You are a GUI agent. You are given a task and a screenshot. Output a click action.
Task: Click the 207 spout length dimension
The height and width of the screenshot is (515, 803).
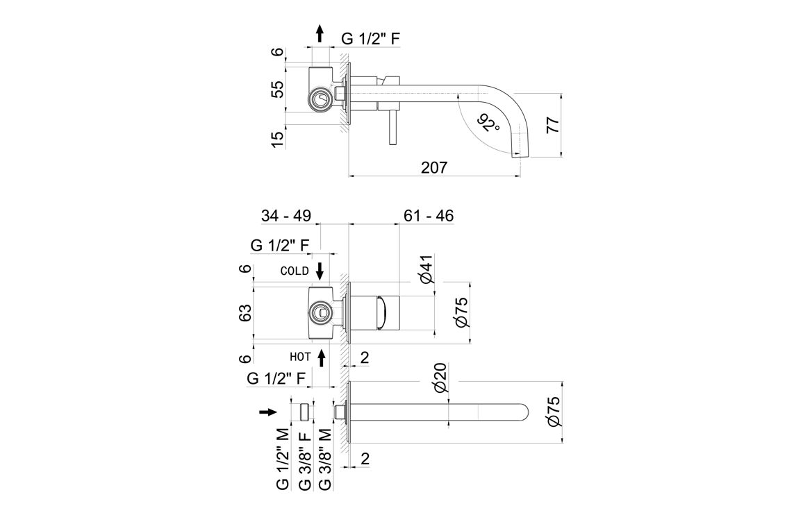click(x=434, y=167)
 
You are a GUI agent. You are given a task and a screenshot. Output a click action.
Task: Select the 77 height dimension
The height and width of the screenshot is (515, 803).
click(x=553, y=125)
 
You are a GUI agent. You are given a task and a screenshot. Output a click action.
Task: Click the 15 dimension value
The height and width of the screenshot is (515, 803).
click(x=277, y=138)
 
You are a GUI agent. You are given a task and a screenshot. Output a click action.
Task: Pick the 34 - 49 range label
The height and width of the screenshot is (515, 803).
click(x=286, y=216)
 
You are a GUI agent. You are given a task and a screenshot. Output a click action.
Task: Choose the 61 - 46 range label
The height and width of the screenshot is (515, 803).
click(x=429, y=216)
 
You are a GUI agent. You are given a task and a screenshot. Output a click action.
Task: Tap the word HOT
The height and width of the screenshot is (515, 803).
click(x=300, y=357)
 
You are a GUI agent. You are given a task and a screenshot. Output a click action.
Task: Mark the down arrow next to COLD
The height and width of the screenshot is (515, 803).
click(x=320, y=270)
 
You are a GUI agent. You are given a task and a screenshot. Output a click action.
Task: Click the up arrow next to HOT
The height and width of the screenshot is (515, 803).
click(x=322, y=357)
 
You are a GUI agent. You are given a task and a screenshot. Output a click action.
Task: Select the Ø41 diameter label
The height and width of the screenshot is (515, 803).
click(x=427, y=269)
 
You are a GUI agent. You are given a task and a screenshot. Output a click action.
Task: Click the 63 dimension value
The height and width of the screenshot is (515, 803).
click(x=245, y=314)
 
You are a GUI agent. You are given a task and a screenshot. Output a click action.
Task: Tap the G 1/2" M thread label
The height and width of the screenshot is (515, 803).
click(x=283, y=459)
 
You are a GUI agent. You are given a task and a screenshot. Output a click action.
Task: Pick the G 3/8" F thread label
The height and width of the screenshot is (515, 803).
click(x=304, y=461)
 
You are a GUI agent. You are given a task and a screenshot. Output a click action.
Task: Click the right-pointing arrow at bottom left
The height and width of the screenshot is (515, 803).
click(x=267, y=412)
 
